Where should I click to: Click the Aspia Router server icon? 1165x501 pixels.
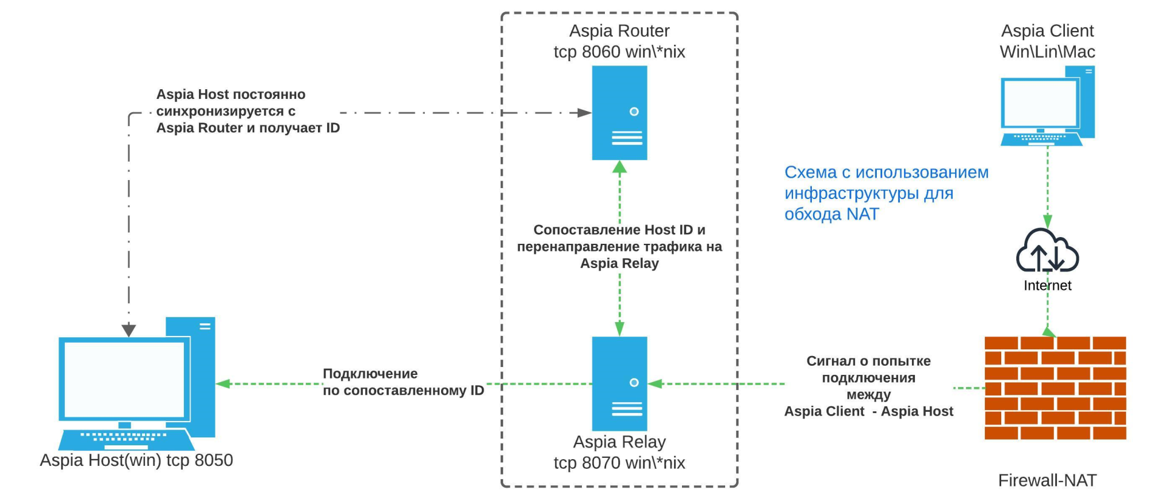click(x=620, y=113)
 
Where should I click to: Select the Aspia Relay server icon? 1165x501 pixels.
click(x=620, y=383)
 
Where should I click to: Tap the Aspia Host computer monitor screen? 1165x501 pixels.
click(x=124, y=379)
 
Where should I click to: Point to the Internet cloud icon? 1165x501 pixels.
click(x=1047, y=251)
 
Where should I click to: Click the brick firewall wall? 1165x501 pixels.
click(x=1055, y=388)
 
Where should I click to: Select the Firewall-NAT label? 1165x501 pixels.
click(x=1047, y=480)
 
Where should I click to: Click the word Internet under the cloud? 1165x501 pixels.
click(x=1047, y=286)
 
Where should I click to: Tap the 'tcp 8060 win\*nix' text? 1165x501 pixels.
click(x=619, y=52)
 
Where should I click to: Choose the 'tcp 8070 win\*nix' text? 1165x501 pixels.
click(x=619, y=463)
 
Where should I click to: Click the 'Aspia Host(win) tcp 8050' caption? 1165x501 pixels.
click(x=137, y=460)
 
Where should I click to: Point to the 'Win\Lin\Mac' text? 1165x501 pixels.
click(x=1047, y=52)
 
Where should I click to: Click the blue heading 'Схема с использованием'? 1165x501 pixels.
click(x=886, y=173)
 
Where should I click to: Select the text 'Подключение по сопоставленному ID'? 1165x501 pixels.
click(x=403, y=382)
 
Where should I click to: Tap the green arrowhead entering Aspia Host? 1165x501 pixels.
click(x=223, y=383)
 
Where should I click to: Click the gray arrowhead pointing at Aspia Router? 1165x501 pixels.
click(x=584, y=113)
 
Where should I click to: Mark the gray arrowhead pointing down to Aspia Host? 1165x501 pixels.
click(x=129, y=330)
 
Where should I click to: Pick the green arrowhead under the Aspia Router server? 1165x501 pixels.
click(x=620, y=167)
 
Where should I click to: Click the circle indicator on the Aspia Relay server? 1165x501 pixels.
click(x=634, y=383)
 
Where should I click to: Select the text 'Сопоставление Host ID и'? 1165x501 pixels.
click(x=619, y=230)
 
